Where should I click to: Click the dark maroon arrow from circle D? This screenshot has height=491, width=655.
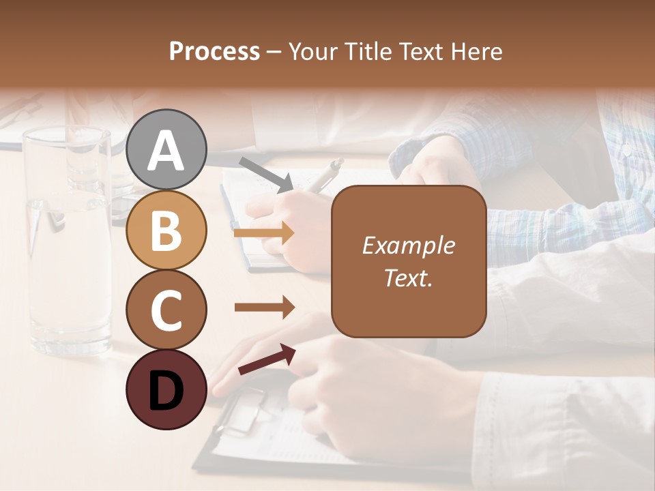click(x=266, y=359)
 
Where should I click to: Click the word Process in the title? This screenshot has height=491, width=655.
click(x=214, y=51)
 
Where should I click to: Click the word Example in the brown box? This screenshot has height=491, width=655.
click(x=408, y=245)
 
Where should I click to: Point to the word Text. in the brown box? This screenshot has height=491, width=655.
click(x=408, y=278)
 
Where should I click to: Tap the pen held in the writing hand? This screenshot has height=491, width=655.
click(x=321, y=175)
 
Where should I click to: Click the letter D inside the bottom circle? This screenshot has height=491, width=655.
click(x=166, y=391)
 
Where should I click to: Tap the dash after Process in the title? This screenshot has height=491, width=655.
click(x=274, y=52)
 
